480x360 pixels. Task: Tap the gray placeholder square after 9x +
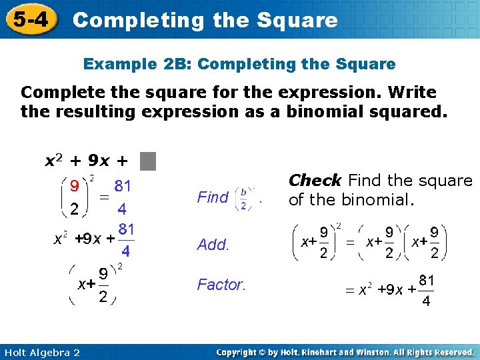pyautogui.click(x=148, y=161)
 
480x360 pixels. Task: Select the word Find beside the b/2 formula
pyautogui.click(x=213, y=197)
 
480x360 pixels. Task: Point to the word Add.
pyautogui.click(x=213, y=245)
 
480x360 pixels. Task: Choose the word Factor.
pyautogui.click(x=221, y=285)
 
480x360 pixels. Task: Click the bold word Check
pyautogui.click(x=315, y=181)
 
